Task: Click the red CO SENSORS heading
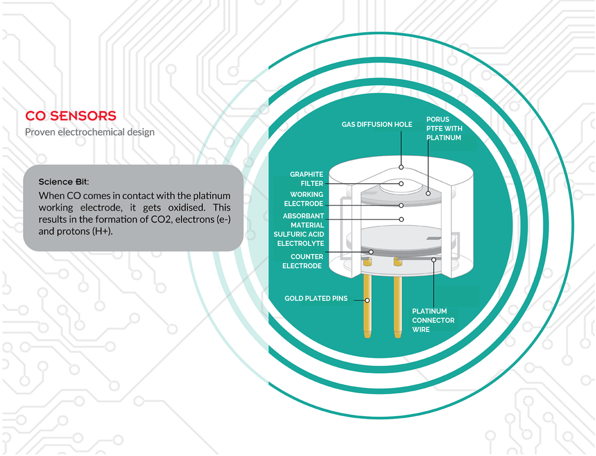pyautogui.click(x=71, y=116)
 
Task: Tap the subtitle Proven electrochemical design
pyautogui.click(x=90, y=132)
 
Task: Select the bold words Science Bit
pyautogui.click(x=63, y=182)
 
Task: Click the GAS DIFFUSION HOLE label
pyautogui.click(x=377, y=125)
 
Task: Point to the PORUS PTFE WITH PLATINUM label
pyautogui.click(x=444, y=129)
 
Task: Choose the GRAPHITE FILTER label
pyautogui.click(x=307, y=179)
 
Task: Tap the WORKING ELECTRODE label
pyautogui.click(x=304, y=199)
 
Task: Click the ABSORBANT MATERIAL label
pyautogui.click(x=304, y=221)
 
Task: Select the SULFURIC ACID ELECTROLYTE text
pyautogui.click(x=299, y=239)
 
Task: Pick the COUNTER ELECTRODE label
pyautogui.click(x=303, y=261)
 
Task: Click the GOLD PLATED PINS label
pyautogui.click(x=316, y=299)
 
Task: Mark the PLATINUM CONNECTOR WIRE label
pyautogui.click(x=433, y=320)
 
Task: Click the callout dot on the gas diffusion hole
pyautogui.click(x=401, y=167)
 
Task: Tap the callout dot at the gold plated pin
pyautogui.click(x=367, y=300)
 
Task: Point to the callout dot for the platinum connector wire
pyautogui.click(x=434, y=260)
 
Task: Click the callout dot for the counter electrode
pyautogui.click(x=371, y=252)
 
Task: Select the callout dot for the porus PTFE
pyautogui.click(x=428, y=193)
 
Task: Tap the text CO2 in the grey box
pyautogui.click(x=161, y=220)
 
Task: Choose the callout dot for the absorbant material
pyautogui.click(x=401, y=219)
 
